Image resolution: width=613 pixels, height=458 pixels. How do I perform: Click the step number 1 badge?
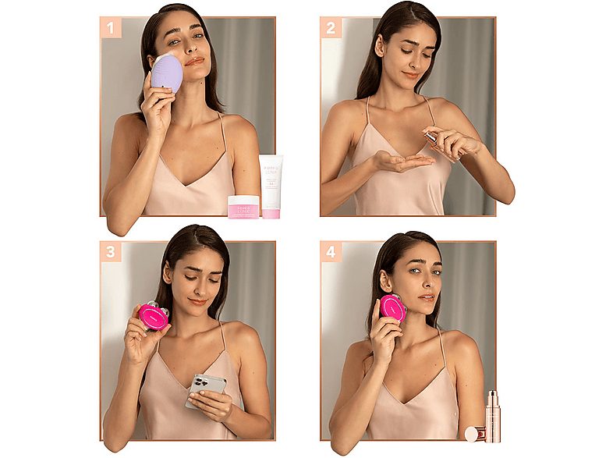tap(110, 28)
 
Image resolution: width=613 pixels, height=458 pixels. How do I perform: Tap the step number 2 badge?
tap(331, 28)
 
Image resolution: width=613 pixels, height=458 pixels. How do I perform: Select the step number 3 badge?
tap(110, 251)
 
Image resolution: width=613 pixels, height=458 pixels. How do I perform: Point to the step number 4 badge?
tap(331, 251)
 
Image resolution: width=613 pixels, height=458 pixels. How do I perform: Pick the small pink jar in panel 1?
tap(243, 206)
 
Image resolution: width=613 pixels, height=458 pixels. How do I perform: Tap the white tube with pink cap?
tap(271, 186)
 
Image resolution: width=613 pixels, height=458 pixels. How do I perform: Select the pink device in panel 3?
tap(153, 316)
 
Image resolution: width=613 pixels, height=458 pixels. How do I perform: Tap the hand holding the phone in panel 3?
tap(211, 405)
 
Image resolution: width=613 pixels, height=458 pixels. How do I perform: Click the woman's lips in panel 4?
tap(426, 298)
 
